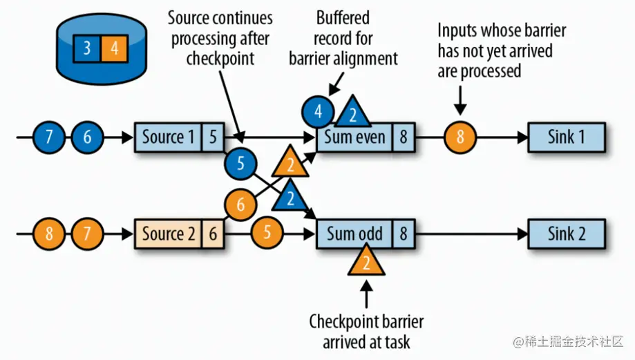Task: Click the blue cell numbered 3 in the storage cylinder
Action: pyautogui.click(x=87, y=48)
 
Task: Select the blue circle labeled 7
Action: pyautogui.click(x=49, y=138)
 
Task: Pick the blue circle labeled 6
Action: pyautogui.click(x=87, y=138)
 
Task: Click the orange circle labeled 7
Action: pyautogui.click(x=87, y=233)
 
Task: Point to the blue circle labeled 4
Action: pyautogui.click(x=318, y=111)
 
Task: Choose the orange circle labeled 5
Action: pyautogui.click(x=267, y=233)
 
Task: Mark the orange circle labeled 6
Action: pyautogui.click(x=240, y=205)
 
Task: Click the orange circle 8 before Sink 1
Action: pyautogui.click(x=459, y=138)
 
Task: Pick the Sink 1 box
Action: pyautogui.click(x=567, y=137)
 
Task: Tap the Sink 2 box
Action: pyautogui.click(x=567, y=233)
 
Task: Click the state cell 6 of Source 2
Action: pyautogui.click(x=212, y=234)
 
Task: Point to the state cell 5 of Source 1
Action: pyautogui.click(x=212, y=138)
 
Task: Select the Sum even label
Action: pyautogui.click(x=355, y=138)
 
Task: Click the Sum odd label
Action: pyautogui.click(x=355, y=234)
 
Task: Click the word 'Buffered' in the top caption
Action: pyautogui.click(x=343, y=17)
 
